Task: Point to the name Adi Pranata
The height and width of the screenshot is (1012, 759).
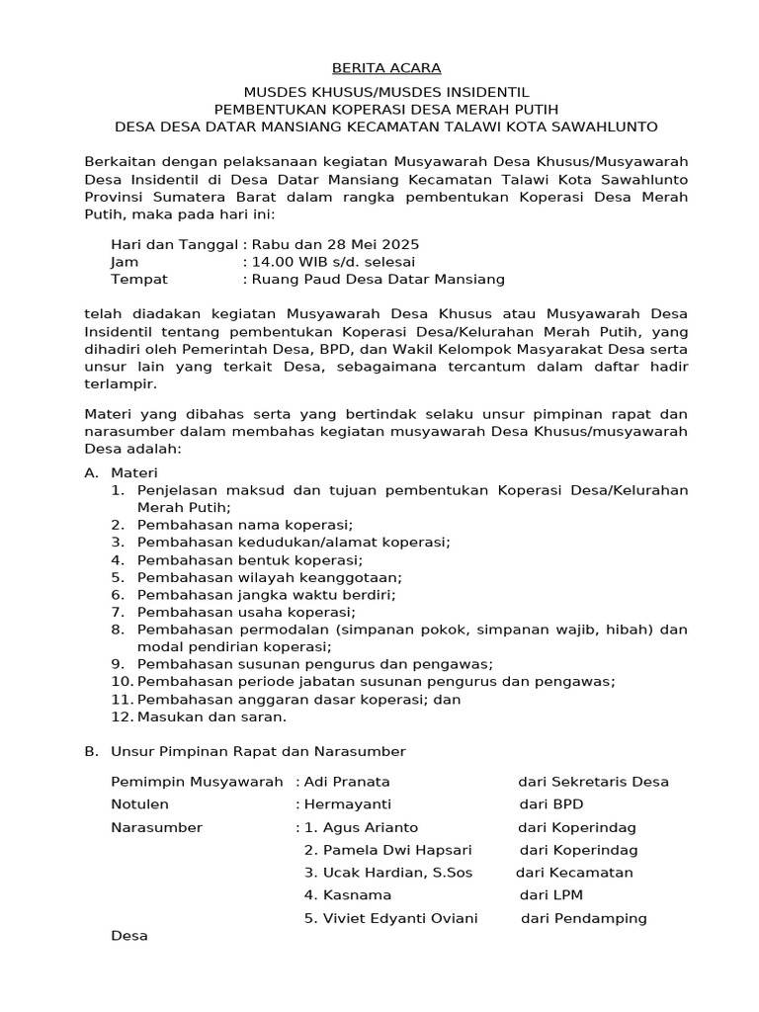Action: click(347, 782)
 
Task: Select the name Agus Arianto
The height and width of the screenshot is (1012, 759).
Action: click(362, 827)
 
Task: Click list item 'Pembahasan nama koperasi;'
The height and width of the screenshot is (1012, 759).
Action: click(245, 524)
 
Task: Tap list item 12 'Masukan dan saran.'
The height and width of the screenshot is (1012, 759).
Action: click(211, 717)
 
